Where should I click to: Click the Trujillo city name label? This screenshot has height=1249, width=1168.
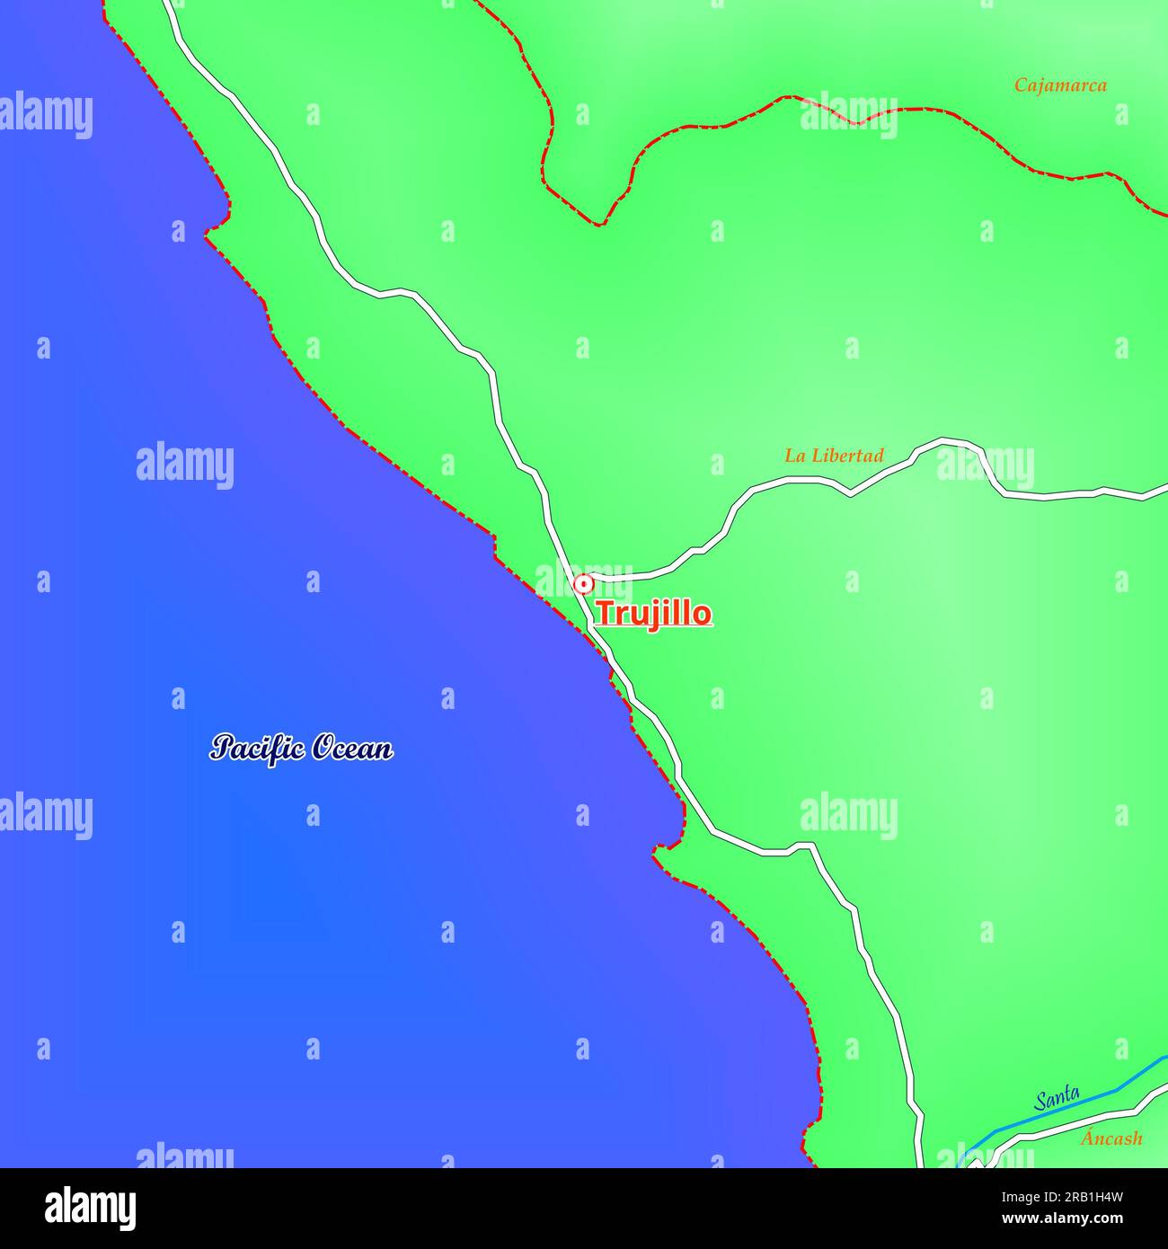click(x=653, y=614)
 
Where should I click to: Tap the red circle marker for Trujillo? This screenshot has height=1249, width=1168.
click(x=583, y=584)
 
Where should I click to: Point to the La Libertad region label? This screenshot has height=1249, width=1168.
click(x=834, y=456)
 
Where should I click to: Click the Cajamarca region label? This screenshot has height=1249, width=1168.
click(x=1060, y=85)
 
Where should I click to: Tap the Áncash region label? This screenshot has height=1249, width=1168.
click(x=1111, y=1138)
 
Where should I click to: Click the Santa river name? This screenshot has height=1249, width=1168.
click(x=1057, y=1097)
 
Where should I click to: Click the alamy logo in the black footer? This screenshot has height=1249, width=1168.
click(x=91, y=1209)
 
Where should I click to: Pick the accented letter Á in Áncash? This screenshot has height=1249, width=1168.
click(x=1087, y=1137)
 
